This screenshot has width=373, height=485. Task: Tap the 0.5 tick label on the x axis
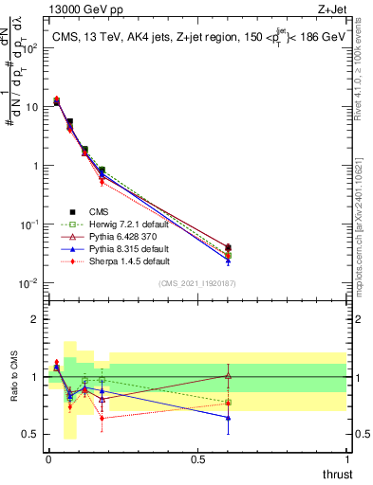(197, 460)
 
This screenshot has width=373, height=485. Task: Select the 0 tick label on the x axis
(48, 460)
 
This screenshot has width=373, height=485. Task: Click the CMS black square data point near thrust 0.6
(228, 248)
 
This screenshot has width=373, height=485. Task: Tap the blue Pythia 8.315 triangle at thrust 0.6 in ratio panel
(228, 417)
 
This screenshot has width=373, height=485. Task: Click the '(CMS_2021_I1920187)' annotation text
(197, 283)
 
